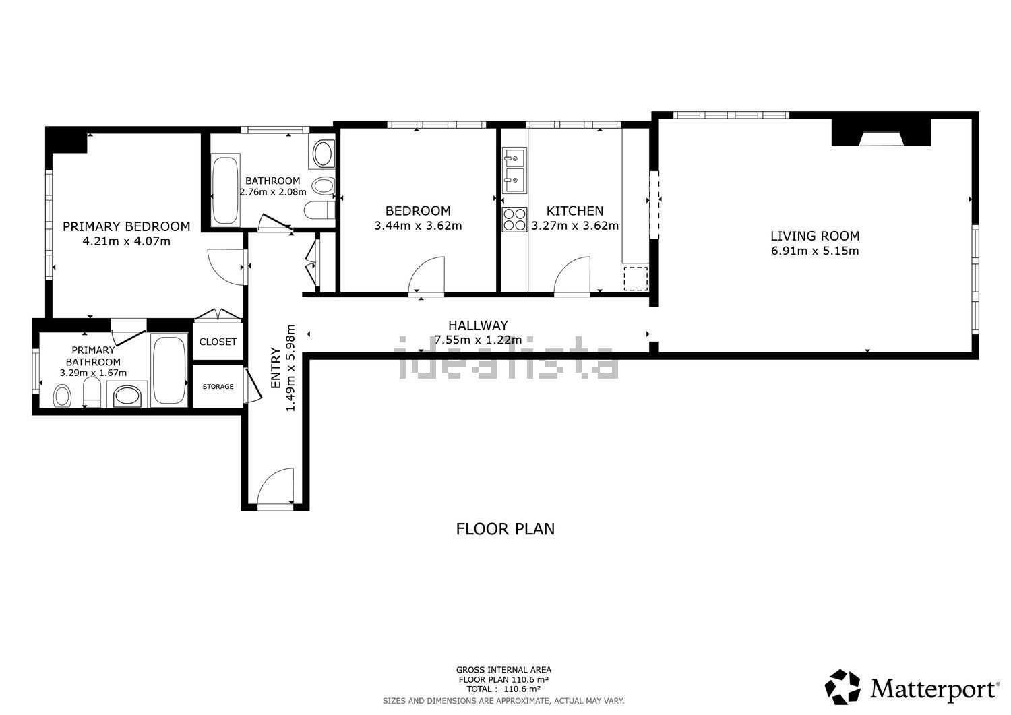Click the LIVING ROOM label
point(815,236)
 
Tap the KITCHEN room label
point(574,211)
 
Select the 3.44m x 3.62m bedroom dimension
point(418,226)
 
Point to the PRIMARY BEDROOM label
point(127,226)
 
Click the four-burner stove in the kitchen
point(514,220)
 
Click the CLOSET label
point(218,342)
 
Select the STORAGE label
point(218,386)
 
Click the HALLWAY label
point(478,325)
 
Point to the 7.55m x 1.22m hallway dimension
point(478,340)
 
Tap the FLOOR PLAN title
point(505,529)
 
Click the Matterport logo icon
point(842,687)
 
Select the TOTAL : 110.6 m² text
point(503,689)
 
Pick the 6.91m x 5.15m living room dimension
point(815,251)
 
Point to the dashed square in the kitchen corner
point(636,278)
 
